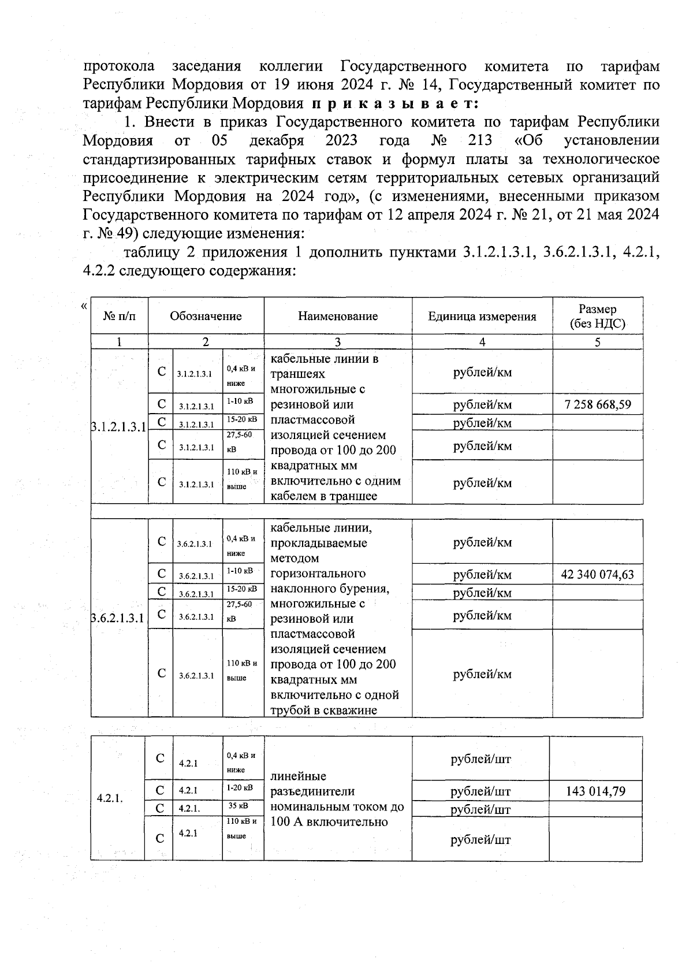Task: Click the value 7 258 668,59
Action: [x=597, y=404]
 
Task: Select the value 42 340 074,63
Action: [x=597, y=575]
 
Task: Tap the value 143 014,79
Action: [x=595, y=791]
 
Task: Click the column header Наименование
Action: [x=338, y=316]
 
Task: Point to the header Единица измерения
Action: [x=482, y=316]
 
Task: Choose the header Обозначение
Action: [x=206, y=316]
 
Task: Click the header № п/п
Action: [x=119, y=316]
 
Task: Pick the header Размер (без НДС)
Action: [x=597, y=317]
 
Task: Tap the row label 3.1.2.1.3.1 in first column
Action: [x=119, y=427]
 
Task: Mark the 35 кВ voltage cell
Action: [x=239, y=805]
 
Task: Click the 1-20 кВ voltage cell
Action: [x=240, y=787]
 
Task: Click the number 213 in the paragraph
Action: [x=477, y=140]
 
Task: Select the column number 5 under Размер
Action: [x=597, y=342]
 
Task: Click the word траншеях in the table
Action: [x=298, y=374]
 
